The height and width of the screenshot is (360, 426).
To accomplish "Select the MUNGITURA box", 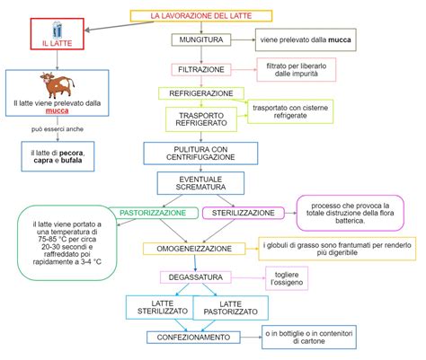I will click(201, 40).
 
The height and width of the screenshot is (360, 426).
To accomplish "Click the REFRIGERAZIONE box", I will click(201, 93).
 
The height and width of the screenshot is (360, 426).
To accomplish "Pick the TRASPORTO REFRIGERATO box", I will click(201, 119).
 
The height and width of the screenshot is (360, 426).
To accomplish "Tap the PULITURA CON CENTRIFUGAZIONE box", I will click(201, 153).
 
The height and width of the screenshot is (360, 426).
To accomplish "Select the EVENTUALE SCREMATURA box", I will click(201, 183).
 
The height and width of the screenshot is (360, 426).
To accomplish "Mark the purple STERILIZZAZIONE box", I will click(243, 213).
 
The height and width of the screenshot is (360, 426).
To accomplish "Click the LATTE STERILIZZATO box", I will click(158, 309).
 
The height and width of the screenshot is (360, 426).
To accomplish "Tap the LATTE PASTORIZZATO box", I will click(231, 309).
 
